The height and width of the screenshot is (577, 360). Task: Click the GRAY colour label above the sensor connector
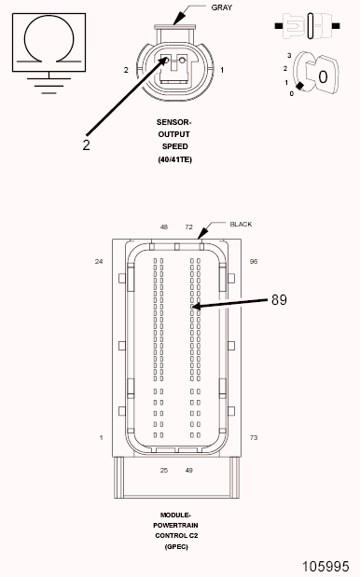pos(222,7)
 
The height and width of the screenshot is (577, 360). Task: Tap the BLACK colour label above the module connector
pos(241,224)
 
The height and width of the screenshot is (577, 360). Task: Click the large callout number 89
pos(279,300)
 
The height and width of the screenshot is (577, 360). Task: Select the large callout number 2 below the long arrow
pos(86,145)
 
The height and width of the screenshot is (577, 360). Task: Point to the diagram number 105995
pos(325,567)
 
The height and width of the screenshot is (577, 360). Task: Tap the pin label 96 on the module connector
pos(254,262)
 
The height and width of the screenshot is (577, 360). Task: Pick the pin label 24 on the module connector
pos(99,262)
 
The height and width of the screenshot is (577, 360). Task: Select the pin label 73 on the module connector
pos(254,437)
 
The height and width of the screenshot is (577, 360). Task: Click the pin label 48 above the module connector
pos(164,227)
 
